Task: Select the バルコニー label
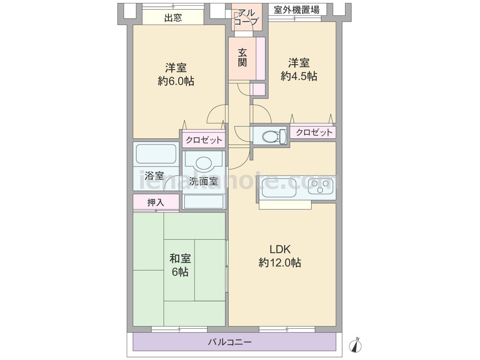(230, 341)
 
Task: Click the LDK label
(280, 249)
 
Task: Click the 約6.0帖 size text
(176, 81)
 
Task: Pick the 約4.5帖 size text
(299, 76)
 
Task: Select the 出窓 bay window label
(173, 18)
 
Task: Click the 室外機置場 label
(296, 10)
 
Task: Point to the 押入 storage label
(156, 202)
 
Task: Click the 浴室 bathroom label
(154, 176)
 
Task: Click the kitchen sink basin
(279, 188)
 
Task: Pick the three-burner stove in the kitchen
(321, 186)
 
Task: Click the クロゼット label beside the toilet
(314, 132)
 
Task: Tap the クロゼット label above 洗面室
(204, 140)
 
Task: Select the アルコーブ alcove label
(246, 17)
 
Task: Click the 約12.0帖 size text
(280, 263)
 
